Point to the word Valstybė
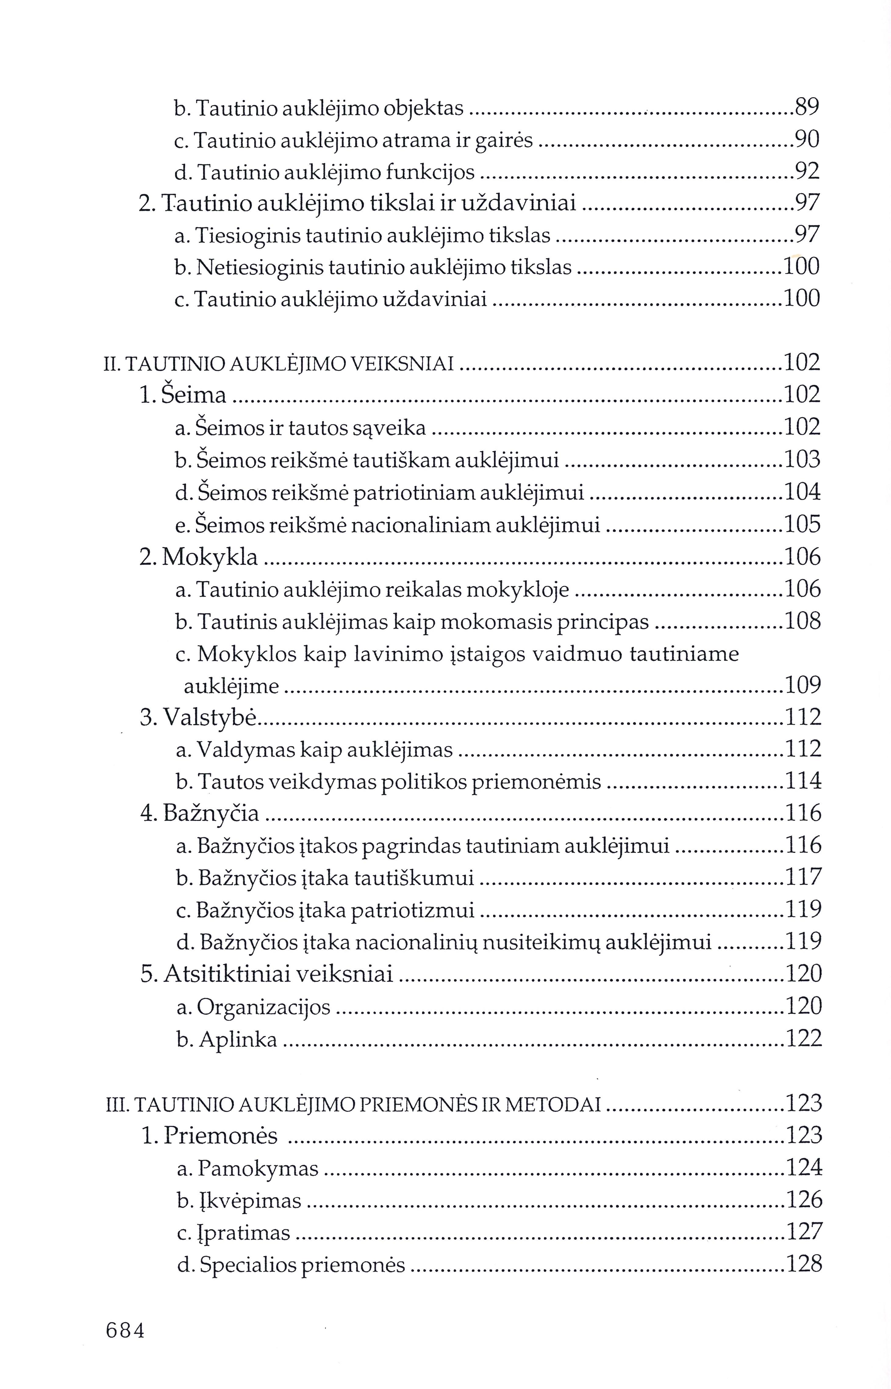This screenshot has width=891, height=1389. [x=209, y=717]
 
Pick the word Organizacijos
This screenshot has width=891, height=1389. [x=264, y=1007]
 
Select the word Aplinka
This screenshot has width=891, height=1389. [x=238, y=1040]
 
